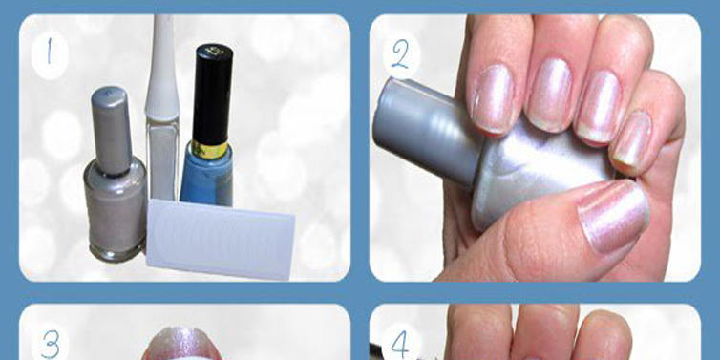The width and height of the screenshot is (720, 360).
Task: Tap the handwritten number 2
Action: coord(400,54)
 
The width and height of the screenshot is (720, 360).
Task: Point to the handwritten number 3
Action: coord(50,345)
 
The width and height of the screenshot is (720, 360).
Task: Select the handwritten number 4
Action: coord(400,345)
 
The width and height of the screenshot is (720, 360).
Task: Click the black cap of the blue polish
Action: coord(213,94)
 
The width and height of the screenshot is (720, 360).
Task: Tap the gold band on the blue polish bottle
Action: coord(210,150)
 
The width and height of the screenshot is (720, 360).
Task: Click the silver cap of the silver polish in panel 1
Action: coord(111,131)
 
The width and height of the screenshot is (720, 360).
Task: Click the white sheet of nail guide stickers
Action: coord(221,239)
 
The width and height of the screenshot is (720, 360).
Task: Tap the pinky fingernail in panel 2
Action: coord(630,138)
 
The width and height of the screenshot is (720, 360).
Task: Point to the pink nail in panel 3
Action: coord(181,344)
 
